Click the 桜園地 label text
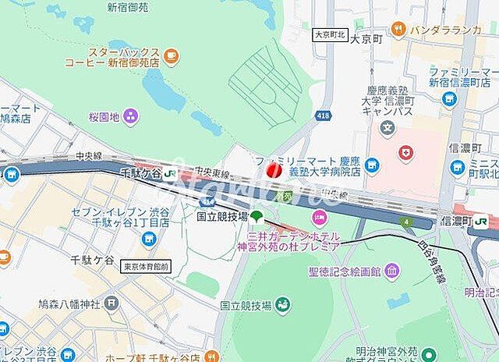[x=103, y=117]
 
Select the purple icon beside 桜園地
[x=130, y=117]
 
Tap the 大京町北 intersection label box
[x=329, y=35]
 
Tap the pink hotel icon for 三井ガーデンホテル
[x=318, y=216]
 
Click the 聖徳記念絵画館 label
[x=345, y=271]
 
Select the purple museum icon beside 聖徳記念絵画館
[x=391, y=271]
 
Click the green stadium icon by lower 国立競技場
[x=285, y=305]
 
